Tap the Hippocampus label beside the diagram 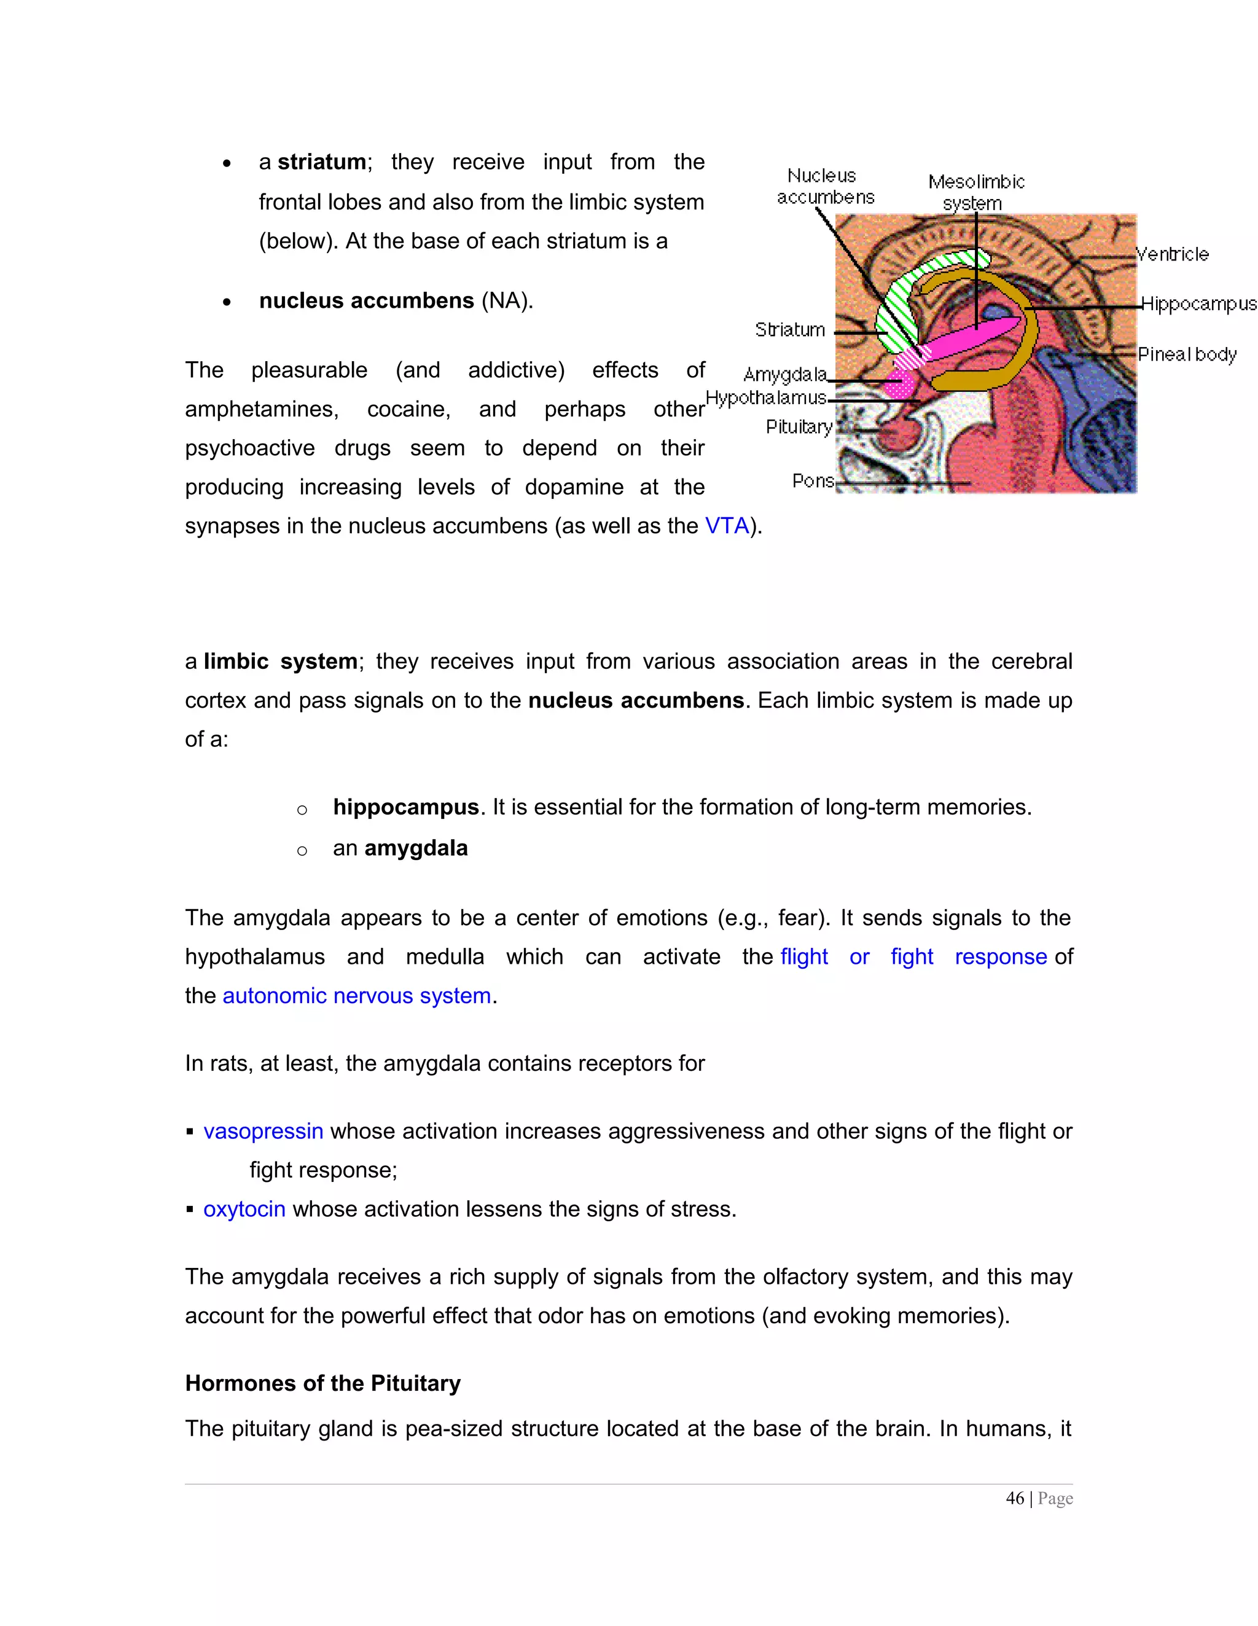pos(1198,303)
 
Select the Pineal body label pos(1187,354)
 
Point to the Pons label pos(813,481)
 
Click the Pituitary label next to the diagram pos(799,426)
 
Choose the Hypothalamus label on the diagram pos(765,398)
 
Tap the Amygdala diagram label pos(784,375)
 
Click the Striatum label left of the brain pos(790,330)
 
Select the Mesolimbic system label pos(976,192)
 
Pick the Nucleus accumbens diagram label pos(824,186)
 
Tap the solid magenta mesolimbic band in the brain pos(967,338)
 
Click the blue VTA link pos(727,526)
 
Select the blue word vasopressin pos(264,1131)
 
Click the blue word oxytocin pos(244,1209)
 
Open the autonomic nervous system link pos(356,996)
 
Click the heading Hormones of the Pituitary pos(323,1383)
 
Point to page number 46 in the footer pos(1015,1499)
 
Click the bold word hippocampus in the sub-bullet pos(405,807)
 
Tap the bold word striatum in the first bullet pos(322,162)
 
